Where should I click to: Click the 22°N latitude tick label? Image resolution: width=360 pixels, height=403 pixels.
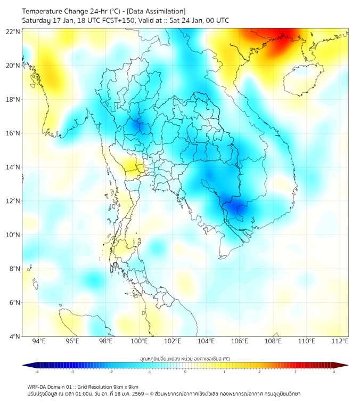pos(13,31)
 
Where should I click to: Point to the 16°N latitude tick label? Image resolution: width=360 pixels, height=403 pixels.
pos(13,133)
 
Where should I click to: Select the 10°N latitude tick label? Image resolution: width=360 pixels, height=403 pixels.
pos(13,235)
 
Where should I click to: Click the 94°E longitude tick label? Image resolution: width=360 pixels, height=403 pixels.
pos(39,341)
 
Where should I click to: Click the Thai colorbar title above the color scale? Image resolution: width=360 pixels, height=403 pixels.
pos(185,358)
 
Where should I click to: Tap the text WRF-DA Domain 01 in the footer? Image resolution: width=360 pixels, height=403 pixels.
pos(51,386)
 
